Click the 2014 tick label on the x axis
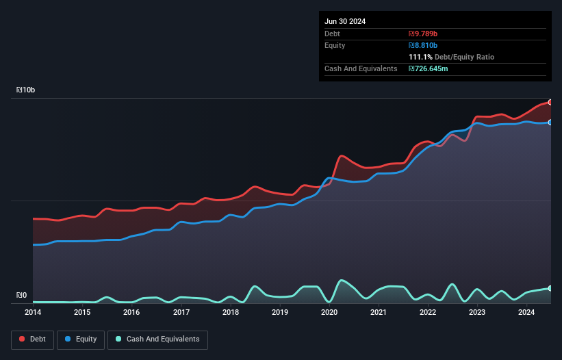tap(33, 313)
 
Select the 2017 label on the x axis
tap(181, 313)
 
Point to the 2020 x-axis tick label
tap(329, 313)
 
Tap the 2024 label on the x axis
tap(526, 313)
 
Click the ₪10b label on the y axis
tap(26, 90)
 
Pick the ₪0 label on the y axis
tap(21, 296)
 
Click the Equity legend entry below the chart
tap(81, 339)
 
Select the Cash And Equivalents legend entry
tap(157, 339)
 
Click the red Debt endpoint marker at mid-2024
tap(550, 102)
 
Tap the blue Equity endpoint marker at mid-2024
tap(550, 122)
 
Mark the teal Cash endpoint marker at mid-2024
tap(550, 288)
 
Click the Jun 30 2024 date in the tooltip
tap(345, 21)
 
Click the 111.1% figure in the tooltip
tap(420, 57)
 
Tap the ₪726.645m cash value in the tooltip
tap(429, 68)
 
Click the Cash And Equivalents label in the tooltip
tap(361, 68)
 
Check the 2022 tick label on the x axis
tap(428, 313)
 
